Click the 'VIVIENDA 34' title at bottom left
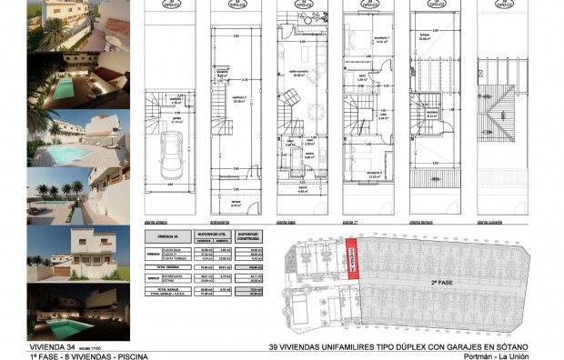[53, 346]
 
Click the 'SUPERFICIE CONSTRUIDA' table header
[248, 235]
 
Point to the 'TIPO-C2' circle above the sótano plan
[169, 5]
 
